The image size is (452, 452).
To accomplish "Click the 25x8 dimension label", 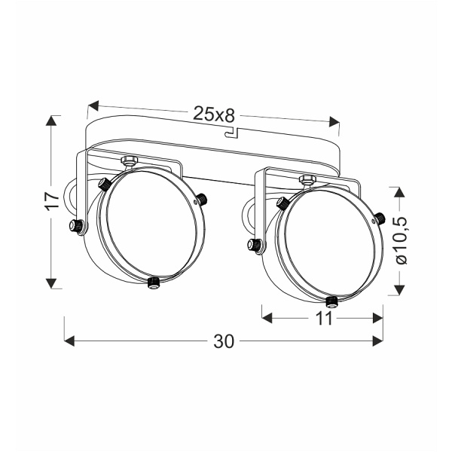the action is click(214, 114).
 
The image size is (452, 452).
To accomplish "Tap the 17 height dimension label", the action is click(53, 200).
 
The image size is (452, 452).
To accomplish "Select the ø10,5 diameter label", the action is click(401, 240).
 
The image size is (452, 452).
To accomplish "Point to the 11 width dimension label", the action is click(324, 318).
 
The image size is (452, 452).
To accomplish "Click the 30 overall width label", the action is click(224, 341).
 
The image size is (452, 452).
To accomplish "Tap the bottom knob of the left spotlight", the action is click(154, 282).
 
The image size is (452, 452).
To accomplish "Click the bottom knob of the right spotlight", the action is click(332, 302).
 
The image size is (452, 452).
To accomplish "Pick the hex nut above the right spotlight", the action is click(307, 179).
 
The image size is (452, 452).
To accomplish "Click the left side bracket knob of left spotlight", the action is click(76, 226).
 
